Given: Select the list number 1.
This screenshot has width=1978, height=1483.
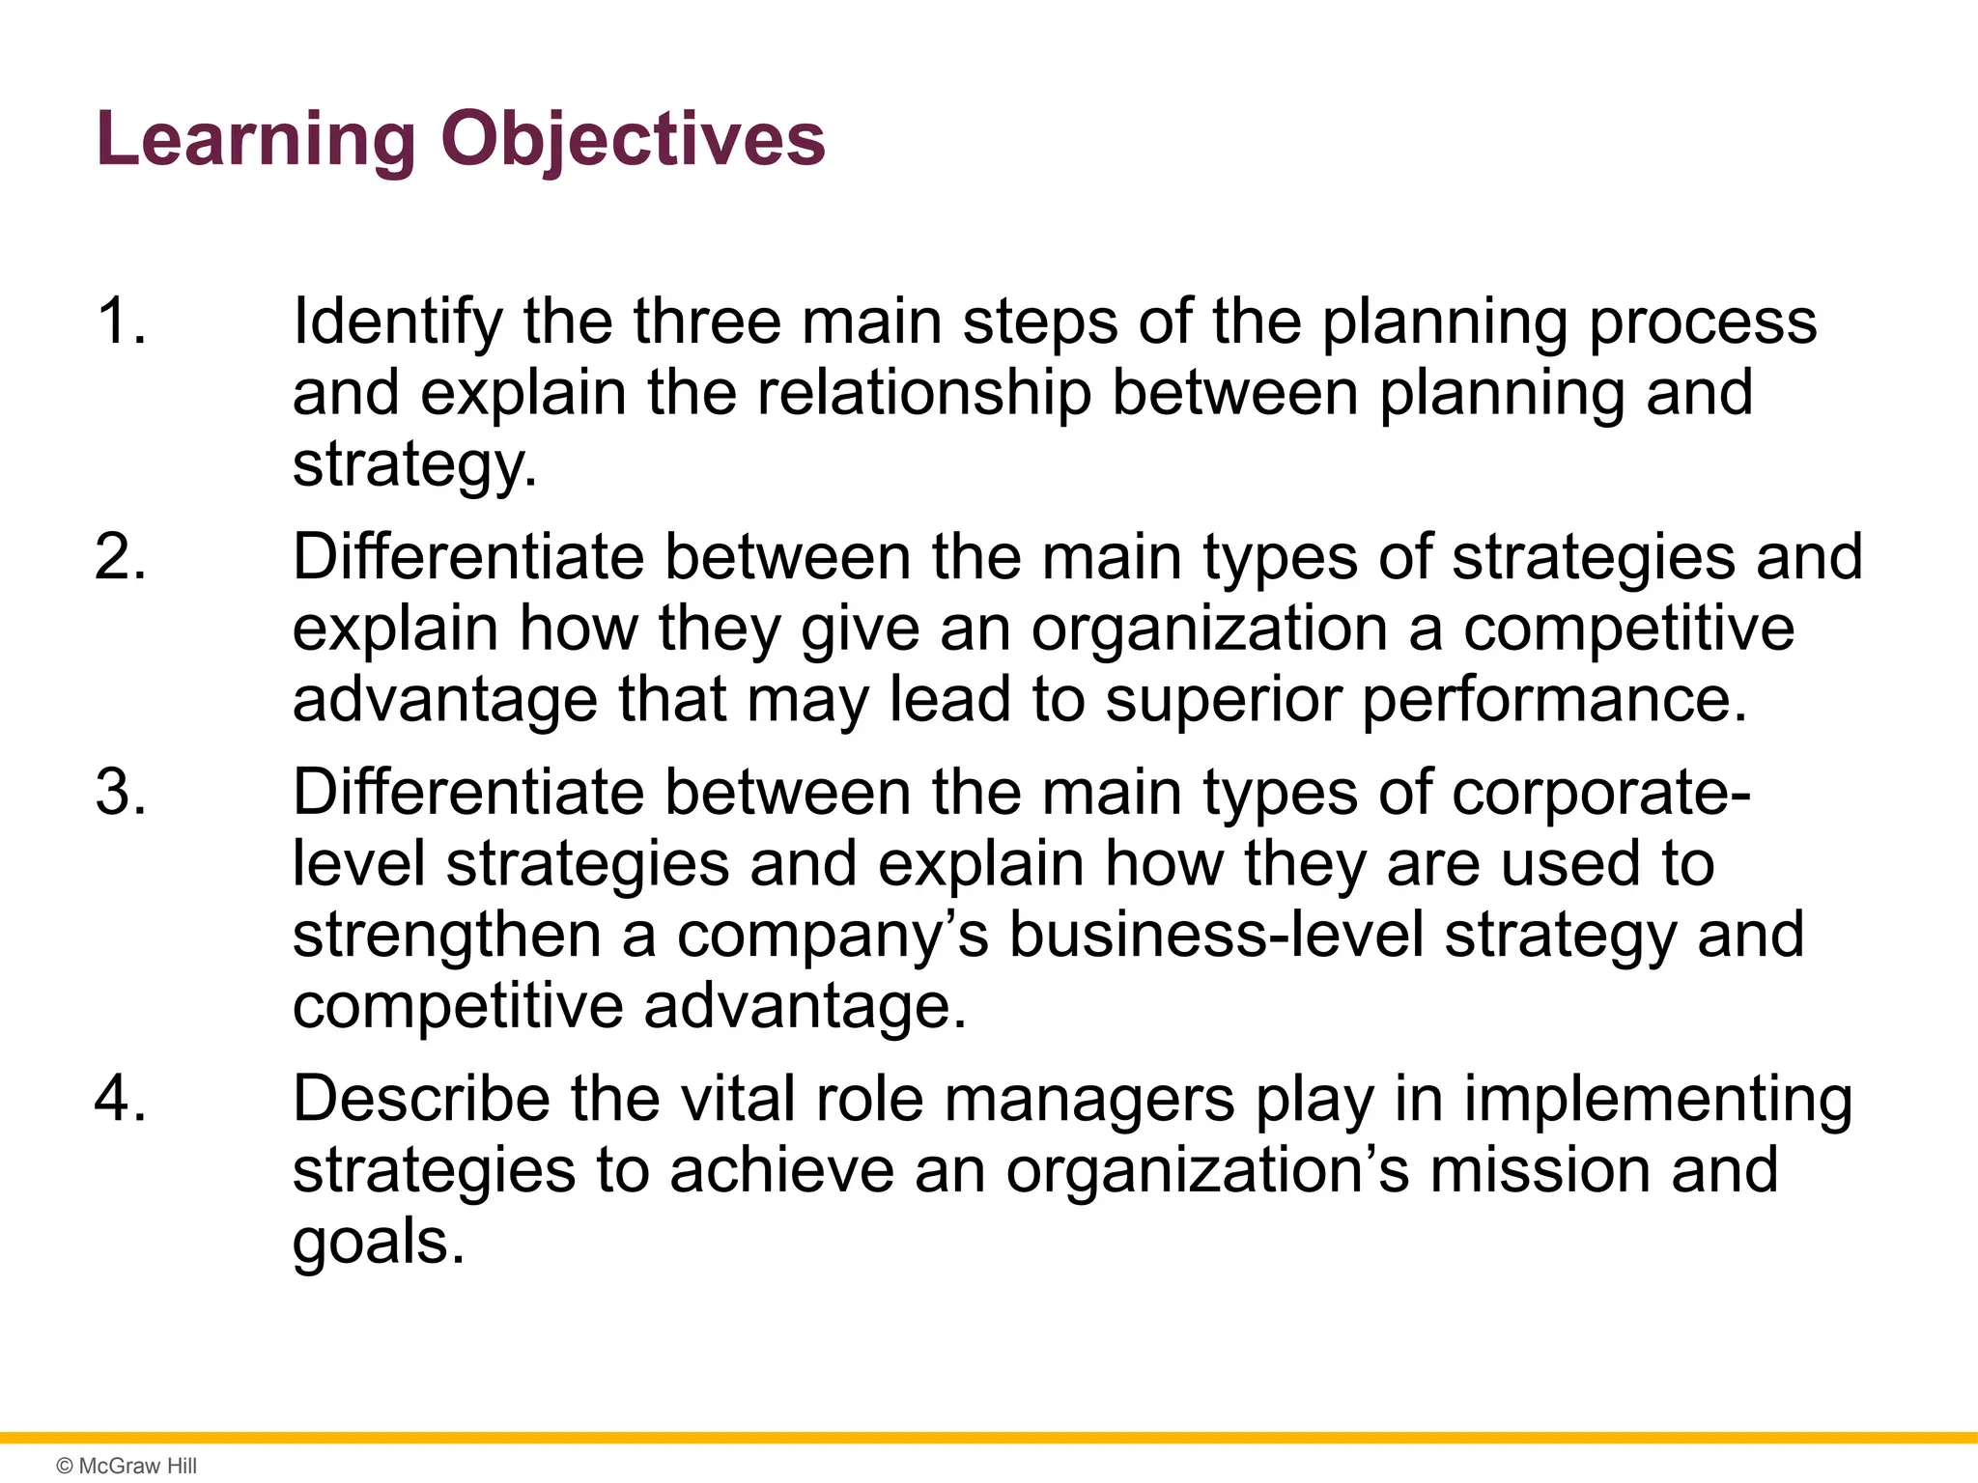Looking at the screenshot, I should click(121, 321).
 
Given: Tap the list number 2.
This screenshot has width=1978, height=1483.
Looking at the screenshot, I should click(121, 557).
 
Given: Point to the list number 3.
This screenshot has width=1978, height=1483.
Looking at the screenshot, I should click(121, 793).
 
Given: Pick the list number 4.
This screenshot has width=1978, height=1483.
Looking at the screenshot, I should click(121, 1099).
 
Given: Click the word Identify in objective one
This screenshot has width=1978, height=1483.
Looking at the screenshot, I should click(398, 322).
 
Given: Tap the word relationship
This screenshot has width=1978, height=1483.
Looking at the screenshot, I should click(924, 394).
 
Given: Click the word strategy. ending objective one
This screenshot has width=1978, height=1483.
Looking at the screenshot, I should click(414, 466).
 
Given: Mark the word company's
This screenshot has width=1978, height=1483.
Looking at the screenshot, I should click(833, 937).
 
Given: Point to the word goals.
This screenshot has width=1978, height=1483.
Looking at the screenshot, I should click(379, 1243).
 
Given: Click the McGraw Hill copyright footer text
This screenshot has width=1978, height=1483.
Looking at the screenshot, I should click(127, 1466).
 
